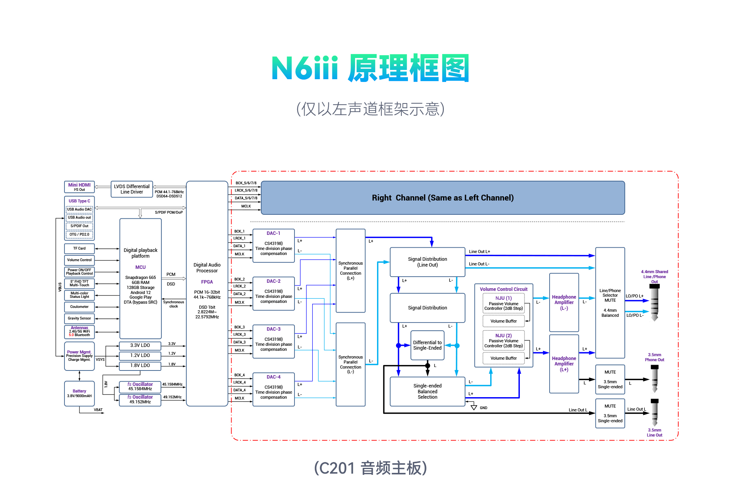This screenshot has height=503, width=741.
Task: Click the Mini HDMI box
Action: [x=79, y=187]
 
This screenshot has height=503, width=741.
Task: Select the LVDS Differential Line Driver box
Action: [x=132, y=189]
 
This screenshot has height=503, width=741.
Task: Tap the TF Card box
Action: [x=79, y=248]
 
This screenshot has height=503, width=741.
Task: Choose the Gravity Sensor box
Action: [x=79, y=318]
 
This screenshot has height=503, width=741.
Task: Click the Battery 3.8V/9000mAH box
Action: [x=79, y=393]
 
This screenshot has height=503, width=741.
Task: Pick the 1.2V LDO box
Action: [x=140, y=355]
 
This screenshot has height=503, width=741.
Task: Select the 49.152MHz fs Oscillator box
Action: [x=140, y=399]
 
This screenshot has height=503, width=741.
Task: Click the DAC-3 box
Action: [x=273, y=342]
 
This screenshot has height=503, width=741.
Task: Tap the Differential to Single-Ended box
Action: [x=427, y=345]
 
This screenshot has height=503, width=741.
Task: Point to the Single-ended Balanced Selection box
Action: [x=427, y=391]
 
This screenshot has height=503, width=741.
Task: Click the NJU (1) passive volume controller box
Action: [x=503, y=303]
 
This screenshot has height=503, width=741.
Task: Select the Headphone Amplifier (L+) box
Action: [x=564, y=364]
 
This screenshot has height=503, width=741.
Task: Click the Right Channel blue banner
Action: [x=443, y=198]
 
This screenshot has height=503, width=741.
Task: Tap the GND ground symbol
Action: [x=474, y=407]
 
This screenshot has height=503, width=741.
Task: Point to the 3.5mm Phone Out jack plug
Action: [x=654, y=379]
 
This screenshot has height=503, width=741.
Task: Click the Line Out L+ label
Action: [x=479, y=251]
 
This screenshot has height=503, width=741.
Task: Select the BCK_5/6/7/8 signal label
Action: [x=246, y=183]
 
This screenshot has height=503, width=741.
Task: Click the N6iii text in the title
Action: [x=305, y=68]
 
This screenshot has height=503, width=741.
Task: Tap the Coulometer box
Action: [x=79, y=307]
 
